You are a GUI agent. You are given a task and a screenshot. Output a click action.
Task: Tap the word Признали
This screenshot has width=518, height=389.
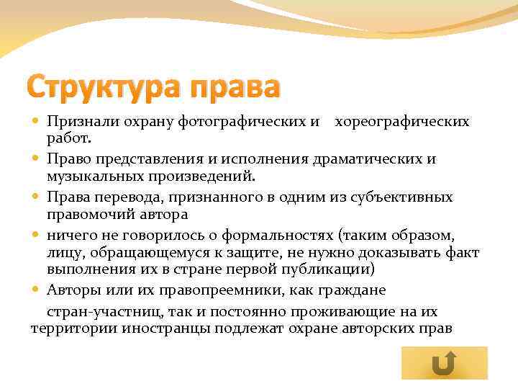(78, 121)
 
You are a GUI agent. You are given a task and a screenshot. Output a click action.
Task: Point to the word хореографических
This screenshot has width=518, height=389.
(402, 121)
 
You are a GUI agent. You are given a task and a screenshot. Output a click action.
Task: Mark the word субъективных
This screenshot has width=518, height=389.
(404, 196)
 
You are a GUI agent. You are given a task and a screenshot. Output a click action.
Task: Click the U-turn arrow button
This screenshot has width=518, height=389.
(444, 364)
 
